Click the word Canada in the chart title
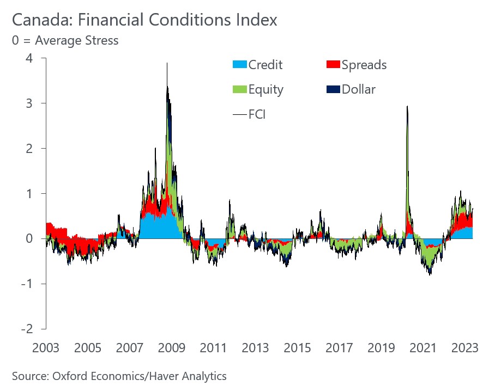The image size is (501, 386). coord(40,20)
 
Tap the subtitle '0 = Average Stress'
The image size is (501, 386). coord(65,40)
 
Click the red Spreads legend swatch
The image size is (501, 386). coord(333,65)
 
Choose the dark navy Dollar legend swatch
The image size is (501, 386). coord(333,89)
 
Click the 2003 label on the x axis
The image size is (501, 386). coord(46,348)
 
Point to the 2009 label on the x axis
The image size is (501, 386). coord(171,348)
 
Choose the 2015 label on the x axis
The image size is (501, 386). coord(297,348)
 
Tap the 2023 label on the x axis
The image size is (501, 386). coord(464,348)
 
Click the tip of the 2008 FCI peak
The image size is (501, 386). coord(167,63)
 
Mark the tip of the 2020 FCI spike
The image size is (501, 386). coord(407,106)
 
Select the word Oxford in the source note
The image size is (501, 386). coord(66,376)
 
